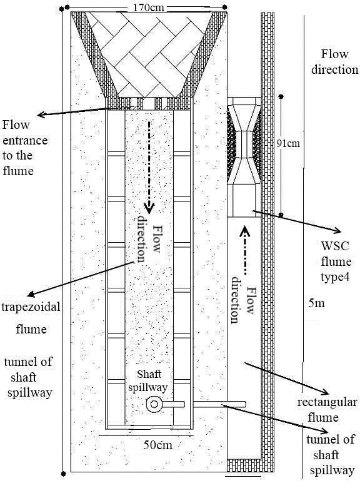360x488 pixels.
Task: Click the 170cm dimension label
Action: point(148,7)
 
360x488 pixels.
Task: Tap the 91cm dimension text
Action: point(288,143)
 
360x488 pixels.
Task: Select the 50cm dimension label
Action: point(158,445)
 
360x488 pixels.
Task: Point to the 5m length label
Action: point(316,303)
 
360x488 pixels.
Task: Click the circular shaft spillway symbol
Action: point(154,404)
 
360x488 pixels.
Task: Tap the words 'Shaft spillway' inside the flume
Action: point(148,380)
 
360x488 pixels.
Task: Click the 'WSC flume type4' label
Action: point(336,262)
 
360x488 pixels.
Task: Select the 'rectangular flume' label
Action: point(326,410)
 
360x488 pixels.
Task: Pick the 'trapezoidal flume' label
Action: point(31,318)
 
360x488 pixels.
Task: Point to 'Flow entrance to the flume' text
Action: point(25,148)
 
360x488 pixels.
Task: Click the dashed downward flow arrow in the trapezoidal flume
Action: point(149,167)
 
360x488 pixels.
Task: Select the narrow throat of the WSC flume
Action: point(244,144)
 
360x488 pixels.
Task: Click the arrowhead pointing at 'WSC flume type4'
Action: point(337,231)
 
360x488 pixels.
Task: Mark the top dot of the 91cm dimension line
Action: point(281,96)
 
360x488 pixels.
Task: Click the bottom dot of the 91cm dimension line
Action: point(281,215)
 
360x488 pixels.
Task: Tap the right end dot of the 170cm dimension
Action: point(225,7)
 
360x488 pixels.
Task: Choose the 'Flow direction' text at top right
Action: point(335,61)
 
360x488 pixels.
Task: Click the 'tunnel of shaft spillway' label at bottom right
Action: point(331,455)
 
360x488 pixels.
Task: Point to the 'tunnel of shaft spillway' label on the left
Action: point(29,377)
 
